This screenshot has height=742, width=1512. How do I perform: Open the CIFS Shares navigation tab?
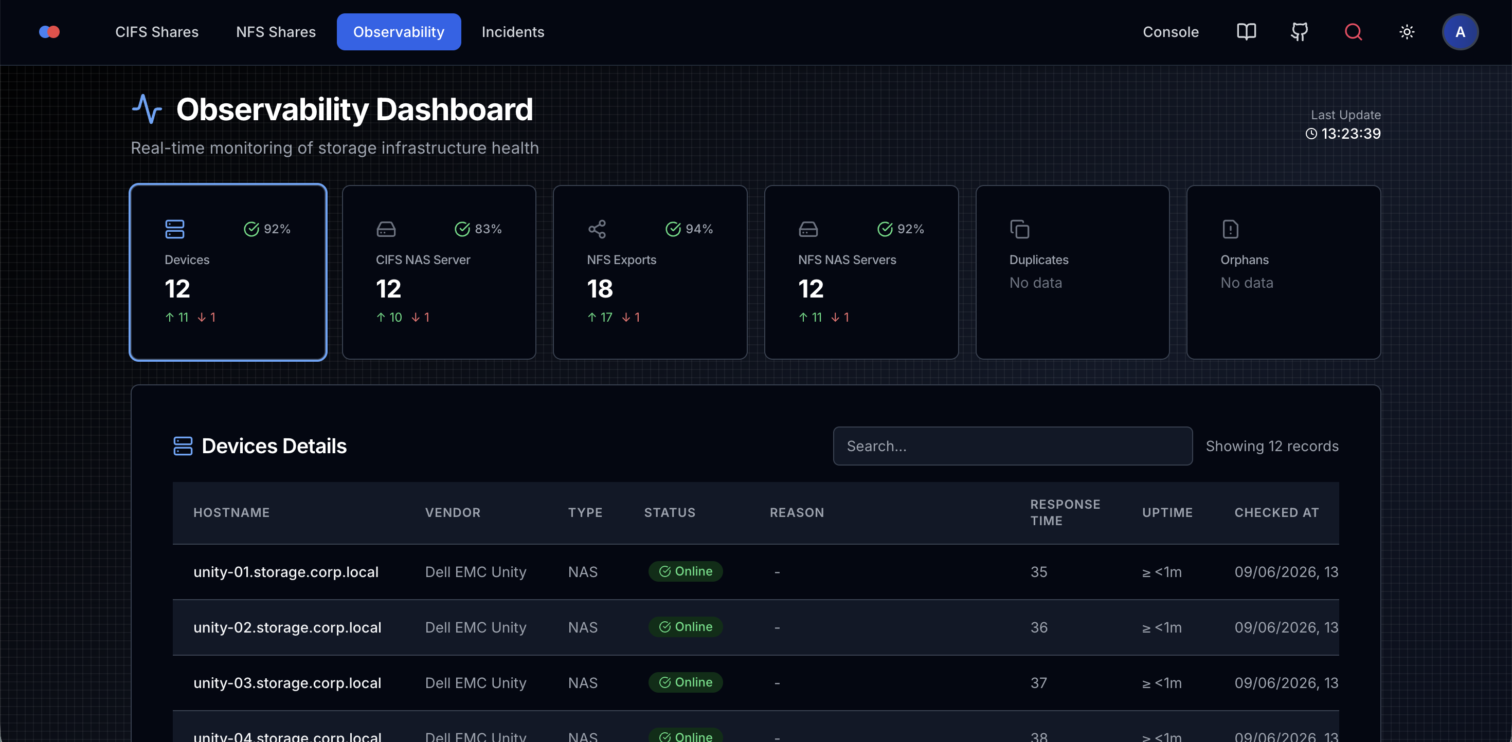[157, 32]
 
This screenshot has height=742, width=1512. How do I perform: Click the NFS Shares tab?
[276, 32]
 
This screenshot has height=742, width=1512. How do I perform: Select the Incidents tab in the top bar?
[513, 32]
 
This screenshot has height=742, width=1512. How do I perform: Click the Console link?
[1171, 32]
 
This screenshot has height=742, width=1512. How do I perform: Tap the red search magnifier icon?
[1353, 32]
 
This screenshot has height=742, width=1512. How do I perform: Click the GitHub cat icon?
[1300, 32]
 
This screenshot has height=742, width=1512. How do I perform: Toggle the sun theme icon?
[1407, 32]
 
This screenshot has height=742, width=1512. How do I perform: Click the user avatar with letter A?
[1460, 32]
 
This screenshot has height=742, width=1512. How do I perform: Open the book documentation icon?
[1246, 32]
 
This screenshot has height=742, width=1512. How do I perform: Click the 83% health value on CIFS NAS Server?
[488, 229]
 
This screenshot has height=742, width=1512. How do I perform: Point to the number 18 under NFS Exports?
[600, 289]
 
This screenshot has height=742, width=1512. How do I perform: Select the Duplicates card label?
[1039, 260]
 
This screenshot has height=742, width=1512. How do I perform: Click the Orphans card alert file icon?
[1230, 229]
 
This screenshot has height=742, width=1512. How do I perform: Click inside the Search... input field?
[1013, 446]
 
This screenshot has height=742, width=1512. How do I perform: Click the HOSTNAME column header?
[231, 513]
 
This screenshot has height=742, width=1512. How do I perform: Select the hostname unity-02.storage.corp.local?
[287, 627]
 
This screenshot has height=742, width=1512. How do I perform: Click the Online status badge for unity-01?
[686, 571]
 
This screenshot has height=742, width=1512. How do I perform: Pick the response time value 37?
[1039, 683]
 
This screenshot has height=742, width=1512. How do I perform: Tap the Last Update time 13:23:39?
[1351, 134]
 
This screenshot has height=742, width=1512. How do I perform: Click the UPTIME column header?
[1167, 513]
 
